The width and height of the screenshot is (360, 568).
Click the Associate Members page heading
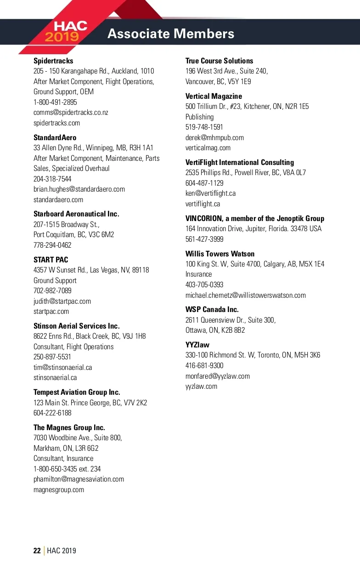click(x=171, y=34)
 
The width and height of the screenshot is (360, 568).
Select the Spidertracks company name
click(x=53, y=61)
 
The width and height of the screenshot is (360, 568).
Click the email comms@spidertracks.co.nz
click(x=71, y=113)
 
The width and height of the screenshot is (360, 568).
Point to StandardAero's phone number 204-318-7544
click(x=52, y=179)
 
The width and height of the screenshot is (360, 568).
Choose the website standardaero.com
click(x=58, y=199)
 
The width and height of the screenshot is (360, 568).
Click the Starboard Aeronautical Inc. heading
click(x=76, y=214)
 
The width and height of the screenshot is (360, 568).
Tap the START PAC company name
click(x=51, y=260)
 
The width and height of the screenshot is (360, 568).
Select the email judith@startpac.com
click(x=62, y=301)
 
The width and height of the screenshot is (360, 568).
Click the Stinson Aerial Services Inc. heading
click(x=77, y=326)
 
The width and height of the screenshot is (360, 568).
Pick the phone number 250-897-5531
click(x=52, y=357)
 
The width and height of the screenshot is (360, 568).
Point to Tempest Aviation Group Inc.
click(x=77, y=392)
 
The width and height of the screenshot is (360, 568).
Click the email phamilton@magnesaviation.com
click(x=79, y=479)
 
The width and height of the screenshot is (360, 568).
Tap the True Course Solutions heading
click(x=219, y=61)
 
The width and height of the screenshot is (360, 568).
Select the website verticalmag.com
click(x=208, y=148)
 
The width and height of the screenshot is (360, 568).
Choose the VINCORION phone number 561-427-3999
click(x=204, y=239)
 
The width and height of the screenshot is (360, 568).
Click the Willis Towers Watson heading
click(x=220, y=254)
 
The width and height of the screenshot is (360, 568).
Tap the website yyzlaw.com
click(x=201, y=386)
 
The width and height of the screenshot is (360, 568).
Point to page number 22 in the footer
click(x=37, y=551)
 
